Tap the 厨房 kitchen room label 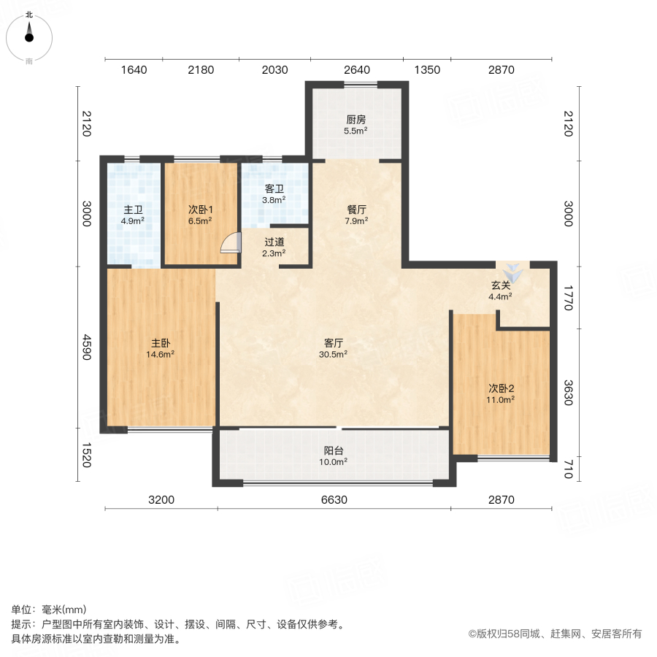click(x=356, y=120)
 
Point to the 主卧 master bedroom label click(x=161, y=342)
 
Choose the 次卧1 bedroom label click(x=200, y=209)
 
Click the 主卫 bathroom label click(x=133, y=209)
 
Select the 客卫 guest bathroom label click(x=274, y=188)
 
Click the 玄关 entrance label click(x=501, y=285)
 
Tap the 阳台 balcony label click(x=334, y=450)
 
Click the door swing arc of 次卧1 click(x=230, y=243)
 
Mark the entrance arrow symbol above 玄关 click(x=515, y=273)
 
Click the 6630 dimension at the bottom click(x=334, y=500)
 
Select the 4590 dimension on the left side click(x=87, y=347)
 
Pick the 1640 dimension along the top click(x=134, y=70)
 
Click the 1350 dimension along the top click(x=427, y=70)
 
